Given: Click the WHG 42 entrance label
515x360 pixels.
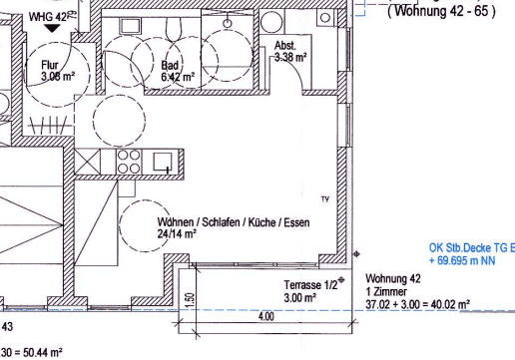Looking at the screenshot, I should click(x=46, y=17).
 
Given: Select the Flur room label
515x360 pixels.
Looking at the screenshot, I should click(x=50, y=64).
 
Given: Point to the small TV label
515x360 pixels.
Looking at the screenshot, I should click(x=324, y=199).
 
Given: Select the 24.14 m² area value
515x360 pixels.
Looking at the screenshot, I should click(x=177, y=234).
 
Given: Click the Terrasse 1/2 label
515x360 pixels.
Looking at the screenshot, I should click(x=310, y=284).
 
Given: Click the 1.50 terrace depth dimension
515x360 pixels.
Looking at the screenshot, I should click(x=189, y=299).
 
